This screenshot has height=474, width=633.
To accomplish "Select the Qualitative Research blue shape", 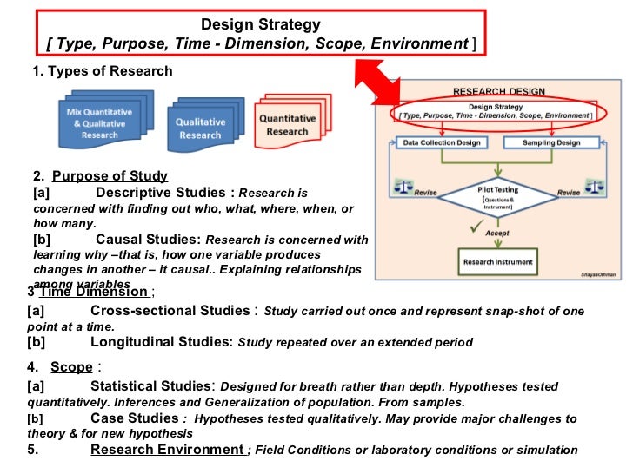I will pyautogui.click(x=201, y=127).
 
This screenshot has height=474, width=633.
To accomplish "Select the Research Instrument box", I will pyautogui.click(x=496, y=260).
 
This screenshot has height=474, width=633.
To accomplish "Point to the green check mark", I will pyautogui.click(x=474, y=227).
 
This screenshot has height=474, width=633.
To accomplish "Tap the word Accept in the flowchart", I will pyautogui.click(x=497, y=233).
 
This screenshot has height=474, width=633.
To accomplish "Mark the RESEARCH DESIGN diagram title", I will pyautogui.click(x=498, y=91).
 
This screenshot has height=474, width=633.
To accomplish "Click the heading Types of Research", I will pyautogui.click(x=110, y=71).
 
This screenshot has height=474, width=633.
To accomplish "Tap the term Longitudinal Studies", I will pyautogui.click(x=161, y=342).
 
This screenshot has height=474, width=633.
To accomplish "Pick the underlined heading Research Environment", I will pyautogui.click(x=168, y=450).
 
